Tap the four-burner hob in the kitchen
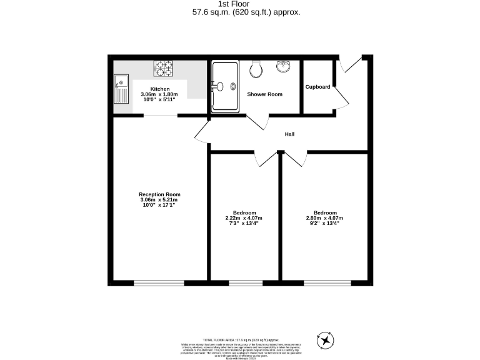click(x=164, y=67)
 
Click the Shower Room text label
click(x=265, y=94)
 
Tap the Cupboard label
click(x=317, y=87)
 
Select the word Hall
click(x=289, y=134)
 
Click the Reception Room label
click(x=159, y=194)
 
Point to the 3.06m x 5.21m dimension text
click(x=159, y=200)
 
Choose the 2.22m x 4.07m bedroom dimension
click(x=244, y=217)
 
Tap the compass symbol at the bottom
click(x=326, y=340)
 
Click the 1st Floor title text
click(x=239, y=4)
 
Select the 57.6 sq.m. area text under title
click(x=239, y=11)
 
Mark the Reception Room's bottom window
click(x=159, y=282)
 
